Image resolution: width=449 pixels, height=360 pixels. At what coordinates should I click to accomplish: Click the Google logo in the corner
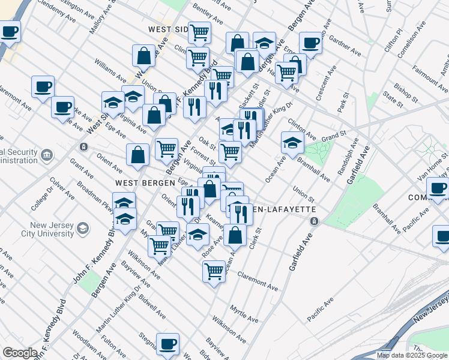tap(20, 353)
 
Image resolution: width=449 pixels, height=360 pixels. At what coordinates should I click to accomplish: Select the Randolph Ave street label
tap(346, 156)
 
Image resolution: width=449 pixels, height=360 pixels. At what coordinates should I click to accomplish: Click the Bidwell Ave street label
tap(152, 306)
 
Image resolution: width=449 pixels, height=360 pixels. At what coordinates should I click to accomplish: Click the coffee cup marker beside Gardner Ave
tap(310, 43)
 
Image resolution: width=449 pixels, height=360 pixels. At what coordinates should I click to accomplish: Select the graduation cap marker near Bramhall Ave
tap(292, 143)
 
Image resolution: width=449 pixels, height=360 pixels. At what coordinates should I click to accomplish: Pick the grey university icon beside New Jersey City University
tap(83, 228)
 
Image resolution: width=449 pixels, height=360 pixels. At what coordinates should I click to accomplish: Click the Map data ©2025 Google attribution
tap(411, 355)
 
